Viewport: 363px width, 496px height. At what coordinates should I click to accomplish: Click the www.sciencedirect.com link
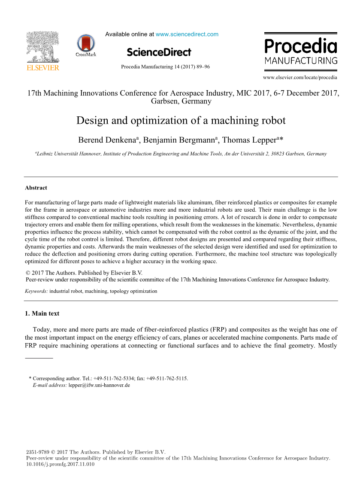[187, 34]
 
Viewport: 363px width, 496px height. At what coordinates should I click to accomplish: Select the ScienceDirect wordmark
[159, 52]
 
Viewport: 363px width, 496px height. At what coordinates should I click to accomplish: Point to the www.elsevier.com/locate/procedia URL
[300, 78]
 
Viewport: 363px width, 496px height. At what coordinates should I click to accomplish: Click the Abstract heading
[36, 188]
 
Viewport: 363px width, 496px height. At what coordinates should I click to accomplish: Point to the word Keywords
[36, 291]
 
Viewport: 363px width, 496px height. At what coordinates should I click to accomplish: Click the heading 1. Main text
[42, 313]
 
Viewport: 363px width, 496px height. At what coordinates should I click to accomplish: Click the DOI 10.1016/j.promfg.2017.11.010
[60, 464]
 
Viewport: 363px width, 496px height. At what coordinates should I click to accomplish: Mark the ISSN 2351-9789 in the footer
[37, 452]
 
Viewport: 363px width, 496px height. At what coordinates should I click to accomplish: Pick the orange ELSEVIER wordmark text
[43, 67]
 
